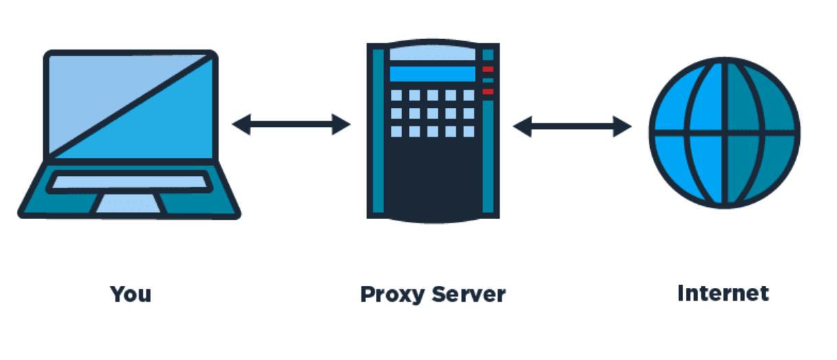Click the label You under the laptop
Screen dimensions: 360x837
(131, 294)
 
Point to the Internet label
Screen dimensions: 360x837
(723, 293)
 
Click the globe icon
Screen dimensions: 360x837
(724, 133)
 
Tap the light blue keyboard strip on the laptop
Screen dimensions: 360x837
(130, 182)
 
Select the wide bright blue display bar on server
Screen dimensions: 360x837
(432, 74)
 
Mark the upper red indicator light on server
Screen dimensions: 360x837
(488, 69)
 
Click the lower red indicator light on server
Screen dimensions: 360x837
(488, 91)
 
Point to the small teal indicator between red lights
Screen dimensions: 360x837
(488, 80)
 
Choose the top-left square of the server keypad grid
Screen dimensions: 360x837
(397, 95)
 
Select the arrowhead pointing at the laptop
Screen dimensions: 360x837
(241, 124)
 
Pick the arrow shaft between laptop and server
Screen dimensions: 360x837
(291, 124)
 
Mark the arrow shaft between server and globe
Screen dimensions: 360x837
(572, 126)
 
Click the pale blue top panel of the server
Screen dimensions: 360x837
(434, 53)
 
